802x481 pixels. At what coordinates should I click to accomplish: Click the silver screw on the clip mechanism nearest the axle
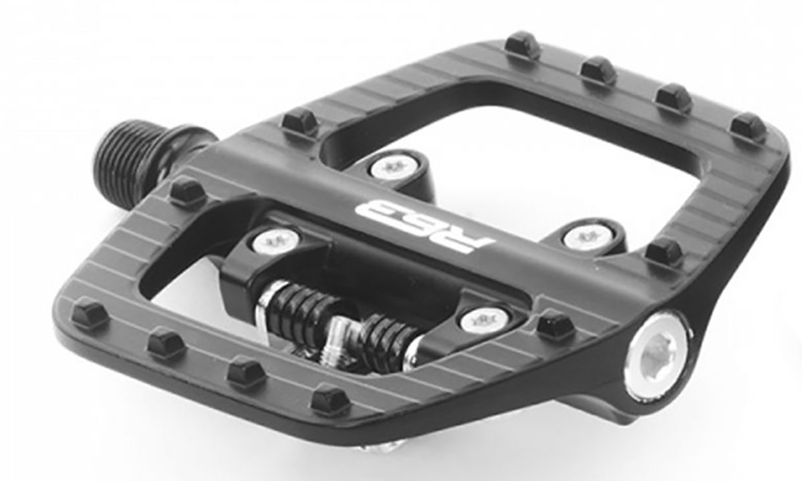click(275, 240)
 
